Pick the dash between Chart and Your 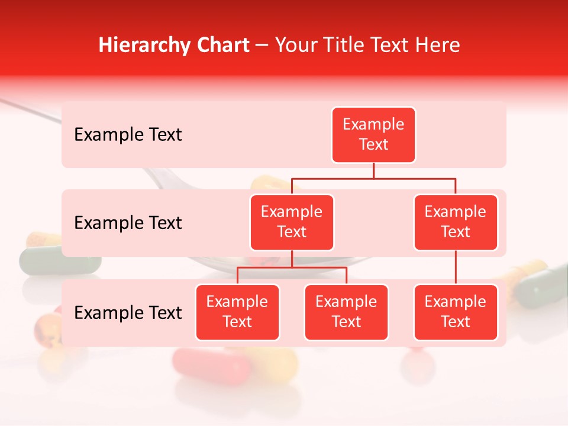tap(262, 46)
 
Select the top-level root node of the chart tap(373, 134)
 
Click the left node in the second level tap(292, 222)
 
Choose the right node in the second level tap(456, 222)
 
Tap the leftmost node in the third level tap(237, 312)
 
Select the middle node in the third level tap(346, 312)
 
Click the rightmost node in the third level tap(456, 312)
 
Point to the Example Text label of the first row tap(128, 134)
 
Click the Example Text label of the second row tap(128, 222)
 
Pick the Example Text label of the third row tap(128, 312)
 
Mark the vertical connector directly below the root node tap(373, 170)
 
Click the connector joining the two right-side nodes tap(456, 267)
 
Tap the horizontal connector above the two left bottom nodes tap(292, 268)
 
